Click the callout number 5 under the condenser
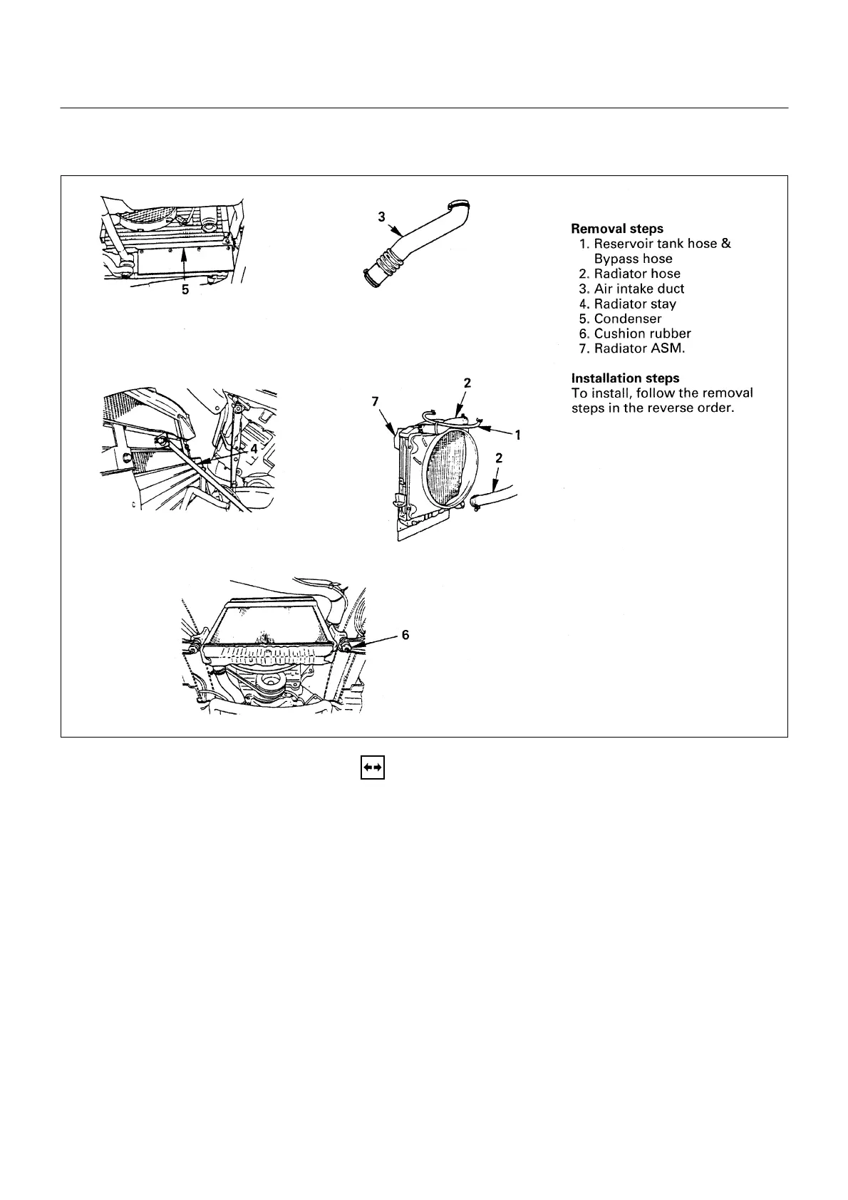[185, 290]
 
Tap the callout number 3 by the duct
[381, 215]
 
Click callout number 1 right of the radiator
[518, 434]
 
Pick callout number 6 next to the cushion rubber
[405, 634]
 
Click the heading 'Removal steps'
[617, 229]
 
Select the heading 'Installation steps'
[625, 378]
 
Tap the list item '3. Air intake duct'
[631, 289]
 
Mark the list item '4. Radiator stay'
[628, 304]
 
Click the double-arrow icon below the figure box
[373, 767]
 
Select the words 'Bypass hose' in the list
[633, 259]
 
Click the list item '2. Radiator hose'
[630, 274]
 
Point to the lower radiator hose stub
[492, 500]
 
